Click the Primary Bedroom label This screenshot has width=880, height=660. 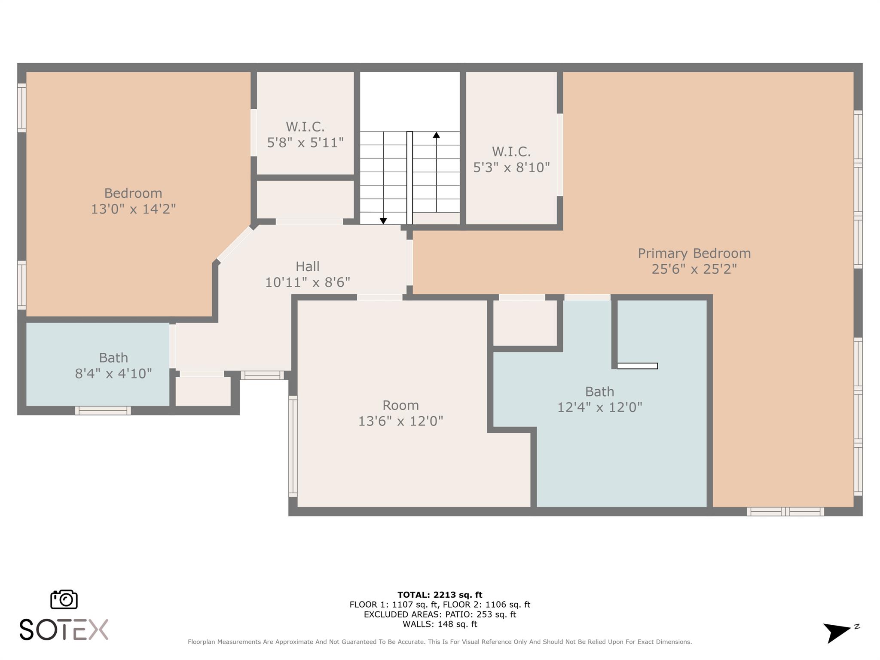694,254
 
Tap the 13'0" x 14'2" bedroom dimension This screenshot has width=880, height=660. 133,209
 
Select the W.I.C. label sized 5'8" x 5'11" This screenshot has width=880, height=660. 305,127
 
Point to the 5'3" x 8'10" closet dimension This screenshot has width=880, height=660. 511,168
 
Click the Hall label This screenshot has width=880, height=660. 307,266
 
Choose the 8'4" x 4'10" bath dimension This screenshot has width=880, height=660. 113,373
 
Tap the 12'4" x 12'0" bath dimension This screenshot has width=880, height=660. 599,407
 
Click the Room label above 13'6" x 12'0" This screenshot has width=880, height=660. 400,405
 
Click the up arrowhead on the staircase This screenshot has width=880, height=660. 436,135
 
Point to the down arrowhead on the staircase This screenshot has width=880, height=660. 383,221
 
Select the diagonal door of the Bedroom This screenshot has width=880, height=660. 235,244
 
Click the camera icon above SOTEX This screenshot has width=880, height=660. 64,599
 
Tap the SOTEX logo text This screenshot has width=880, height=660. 64,629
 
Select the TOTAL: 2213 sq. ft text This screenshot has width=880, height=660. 440,595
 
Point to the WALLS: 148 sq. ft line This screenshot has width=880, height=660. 440,624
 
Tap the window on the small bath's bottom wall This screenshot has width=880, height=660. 103,411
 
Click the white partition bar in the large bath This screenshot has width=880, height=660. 637,366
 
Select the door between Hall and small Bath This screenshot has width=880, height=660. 172,346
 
